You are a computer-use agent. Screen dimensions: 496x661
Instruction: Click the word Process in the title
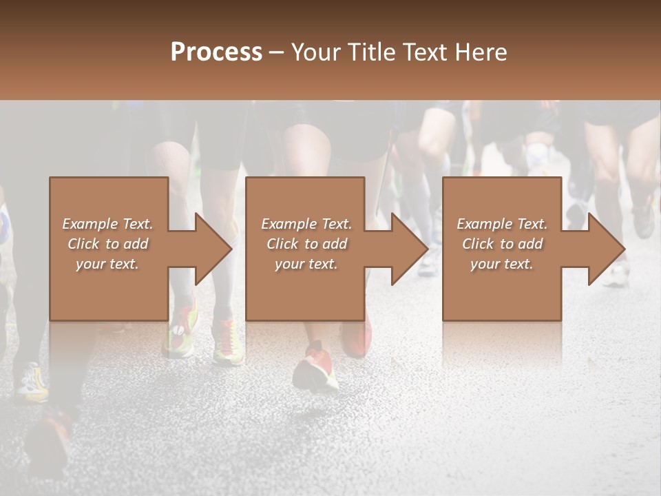click(216, 52)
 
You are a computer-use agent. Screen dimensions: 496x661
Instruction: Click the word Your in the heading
click(316, 52)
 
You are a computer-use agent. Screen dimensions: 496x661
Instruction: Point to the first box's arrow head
click(213, 249)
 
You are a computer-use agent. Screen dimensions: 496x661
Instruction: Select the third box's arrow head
click(606, 249)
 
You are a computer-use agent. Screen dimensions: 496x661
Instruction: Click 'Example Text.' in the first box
click(107, 224)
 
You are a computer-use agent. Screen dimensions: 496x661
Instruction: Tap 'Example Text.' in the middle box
click(306, 224)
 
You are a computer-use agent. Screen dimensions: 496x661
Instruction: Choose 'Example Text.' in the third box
click(502, 224)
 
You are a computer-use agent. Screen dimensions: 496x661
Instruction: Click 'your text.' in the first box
click(107, 264)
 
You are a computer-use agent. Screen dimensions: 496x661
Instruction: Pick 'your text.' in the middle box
click(306, 264)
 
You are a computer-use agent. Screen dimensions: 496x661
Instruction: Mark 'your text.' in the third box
click(502, 264)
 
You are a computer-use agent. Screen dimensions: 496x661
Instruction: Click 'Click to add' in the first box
click(107, 244)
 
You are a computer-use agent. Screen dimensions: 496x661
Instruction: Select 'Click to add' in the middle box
click(306, 244)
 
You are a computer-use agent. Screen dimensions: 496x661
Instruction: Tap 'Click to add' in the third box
click(502, 244)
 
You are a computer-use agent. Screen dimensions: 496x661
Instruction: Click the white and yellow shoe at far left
click(32, 382)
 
